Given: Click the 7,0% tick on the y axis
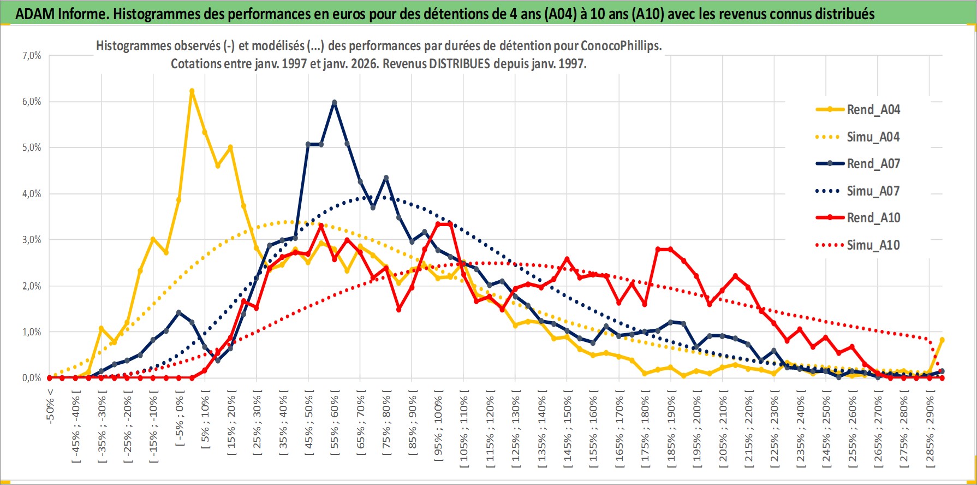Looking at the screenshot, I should coord(31,56).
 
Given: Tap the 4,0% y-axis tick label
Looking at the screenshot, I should coord(31,194).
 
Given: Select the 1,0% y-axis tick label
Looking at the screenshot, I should coord(31,332).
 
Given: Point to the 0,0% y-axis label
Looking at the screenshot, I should coord(31,378).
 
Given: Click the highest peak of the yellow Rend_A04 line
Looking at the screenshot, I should coord(192,91).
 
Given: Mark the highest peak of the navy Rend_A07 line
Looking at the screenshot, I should coord(334,102).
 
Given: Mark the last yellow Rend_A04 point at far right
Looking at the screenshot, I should coord(942,340).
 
